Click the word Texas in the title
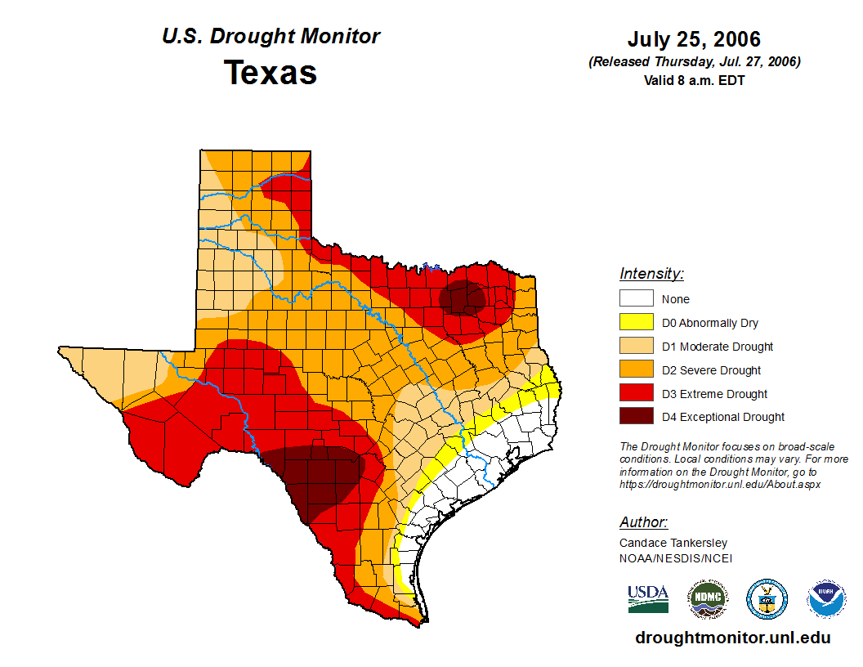pyautogui.click(x=271, y=73)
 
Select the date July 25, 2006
pyautogui.click(x=694, y=39)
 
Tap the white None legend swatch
pyautogui.click(x=636, y=299)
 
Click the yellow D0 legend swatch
pyautogui.click(x=636, y=323)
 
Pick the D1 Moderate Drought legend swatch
pyautogui.click(x=636, y=347)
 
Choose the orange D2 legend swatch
pyautogui.click(x=636, y=370)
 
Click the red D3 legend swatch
pyautogui.click(x=636, y=394)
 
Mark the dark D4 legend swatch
pyautogui.click(x=636, y=417)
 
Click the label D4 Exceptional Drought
pyautogui.click(x=723, y=417)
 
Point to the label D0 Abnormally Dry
pyautogui.click(x=710, y=323)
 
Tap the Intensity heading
pyautogui.click(x=651, y=274)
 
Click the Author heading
pyautogui.click(x=643, y=522)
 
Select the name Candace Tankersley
pyautogui.click(x=673, y=543)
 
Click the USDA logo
pyautogui.click(x=648, y=599)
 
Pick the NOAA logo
pyautogui.click(x=827, y=599)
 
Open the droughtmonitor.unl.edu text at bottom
pyautogui.click(x=732, y=638)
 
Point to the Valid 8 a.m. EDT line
pyautogui.click(x=694, y=80)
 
